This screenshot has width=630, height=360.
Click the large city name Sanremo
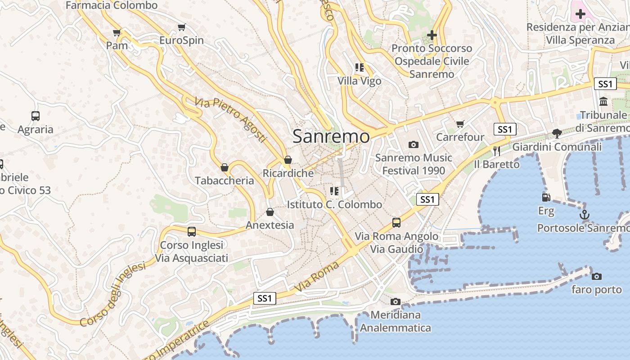(x=331, y=136)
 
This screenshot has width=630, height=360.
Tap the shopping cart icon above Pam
(x=117, y=32)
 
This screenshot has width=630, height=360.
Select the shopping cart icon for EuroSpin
(x=181, y=27)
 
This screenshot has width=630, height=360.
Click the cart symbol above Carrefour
(x=460, y=124)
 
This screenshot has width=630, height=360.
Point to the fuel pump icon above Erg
(x=546, y=197)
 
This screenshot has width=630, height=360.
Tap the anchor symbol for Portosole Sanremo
(x=584, y=215)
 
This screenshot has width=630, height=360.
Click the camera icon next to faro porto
(x=597, y=276)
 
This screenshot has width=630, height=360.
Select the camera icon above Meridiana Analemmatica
(x=396, y=301)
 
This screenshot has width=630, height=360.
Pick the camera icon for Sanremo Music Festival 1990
(x=413, y=144)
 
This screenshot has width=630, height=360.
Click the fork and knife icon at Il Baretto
(x=497, y=151)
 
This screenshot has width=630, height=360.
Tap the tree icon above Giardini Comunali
(x=557, y=133)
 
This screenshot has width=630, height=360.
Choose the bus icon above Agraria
(x=36, y=116)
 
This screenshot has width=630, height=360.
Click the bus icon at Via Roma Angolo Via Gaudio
(x=396, y=222)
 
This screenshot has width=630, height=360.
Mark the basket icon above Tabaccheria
(x=225, y=168)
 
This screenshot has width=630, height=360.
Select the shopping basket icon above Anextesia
(x=270, y=212)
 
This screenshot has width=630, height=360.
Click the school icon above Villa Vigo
(x=359, y=67)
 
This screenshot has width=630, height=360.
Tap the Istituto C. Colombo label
(x=334, y=204)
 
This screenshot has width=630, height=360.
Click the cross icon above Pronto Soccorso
(x=432, y=35)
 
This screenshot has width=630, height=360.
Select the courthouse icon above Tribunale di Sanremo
(x=603, y=101)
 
